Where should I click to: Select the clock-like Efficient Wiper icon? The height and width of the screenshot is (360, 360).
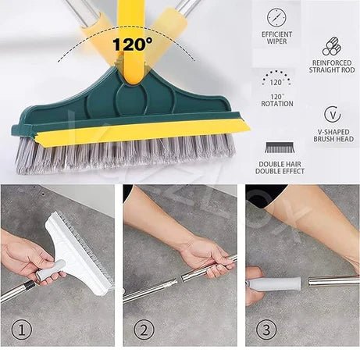276,16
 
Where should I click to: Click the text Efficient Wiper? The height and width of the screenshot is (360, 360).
276,37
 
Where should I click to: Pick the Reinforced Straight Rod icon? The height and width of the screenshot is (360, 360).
332,46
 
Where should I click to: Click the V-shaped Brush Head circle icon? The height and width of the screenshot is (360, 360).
332,114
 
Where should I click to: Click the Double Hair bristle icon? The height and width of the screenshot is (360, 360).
276,147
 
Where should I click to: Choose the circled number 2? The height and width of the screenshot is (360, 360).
143,329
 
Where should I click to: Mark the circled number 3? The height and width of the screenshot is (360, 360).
266,329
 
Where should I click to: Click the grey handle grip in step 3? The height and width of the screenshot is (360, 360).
275,283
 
